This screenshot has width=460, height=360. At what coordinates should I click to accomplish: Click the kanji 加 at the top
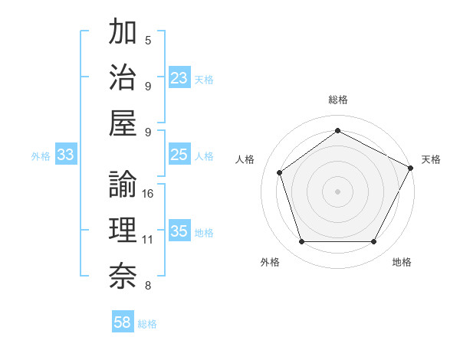pos(123,33)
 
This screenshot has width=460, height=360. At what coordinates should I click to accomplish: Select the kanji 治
pos(123,77)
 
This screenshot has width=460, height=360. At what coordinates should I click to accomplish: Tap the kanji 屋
pos(123,123)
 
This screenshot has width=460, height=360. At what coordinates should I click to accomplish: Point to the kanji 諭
pos(123,185)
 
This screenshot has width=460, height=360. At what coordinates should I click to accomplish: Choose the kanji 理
pos(123,231)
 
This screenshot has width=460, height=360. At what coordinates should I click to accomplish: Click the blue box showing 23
pos(179,78)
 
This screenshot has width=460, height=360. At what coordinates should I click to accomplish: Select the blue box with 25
pos(179,155)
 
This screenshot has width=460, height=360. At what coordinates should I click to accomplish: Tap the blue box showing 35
pos(179,231)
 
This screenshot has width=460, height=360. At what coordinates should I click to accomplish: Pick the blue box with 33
pos(65,155)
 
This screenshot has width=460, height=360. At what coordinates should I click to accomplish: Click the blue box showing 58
pos(123,322)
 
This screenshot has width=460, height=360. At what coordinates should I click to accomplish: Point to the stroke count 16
pos(148,193)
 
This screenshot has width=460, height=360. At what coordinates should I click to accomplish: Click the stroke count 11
pos(148,240)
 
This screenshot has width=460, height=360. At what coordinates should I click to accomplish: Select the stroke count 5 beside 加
pos(148,40)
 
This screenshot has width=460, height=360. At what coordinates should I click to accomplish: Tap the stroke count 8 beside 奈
pos(148,286)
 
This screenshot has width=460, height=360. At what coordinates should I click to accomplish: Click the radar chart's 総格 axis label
pos(337,100)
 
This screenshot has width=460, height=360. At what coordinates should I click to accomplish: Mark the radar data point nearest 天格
pos(412,168)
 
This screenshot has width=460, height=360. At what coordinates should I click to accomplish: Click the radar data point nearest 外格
pos(301,242)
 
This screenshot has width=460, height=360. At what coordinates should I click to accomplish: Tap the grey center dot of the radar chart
pos(337,191)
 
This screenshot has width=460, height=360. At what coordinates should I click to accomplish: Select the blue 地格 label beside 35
pos(204,232)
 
